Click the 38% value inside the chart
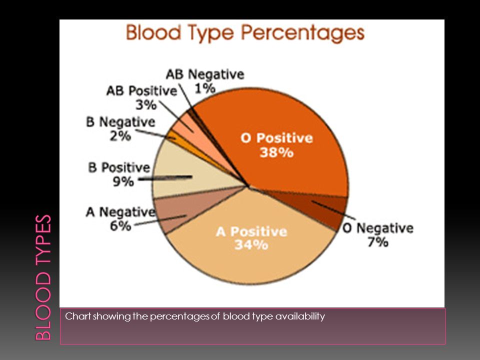tap(276, 152)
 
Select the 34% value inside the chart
tap(251, 244)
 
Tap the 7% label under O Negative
tap(378, 242)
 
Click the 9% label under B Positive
tap(123, 181)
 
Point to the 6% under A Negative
tap(120, 226)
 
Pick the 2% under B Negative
tap(120, 135)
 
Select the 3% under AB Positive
tap(146, 104)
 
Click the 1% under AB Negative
tap(205, 88)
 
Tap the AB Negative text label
tap(205, 74)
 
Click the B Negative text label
tap(120, 122)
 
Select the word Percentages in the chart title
tap(303, 33)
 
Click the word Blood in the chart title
tap(153, 32)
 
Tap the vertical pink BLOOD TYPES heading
tap(43, 277)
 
